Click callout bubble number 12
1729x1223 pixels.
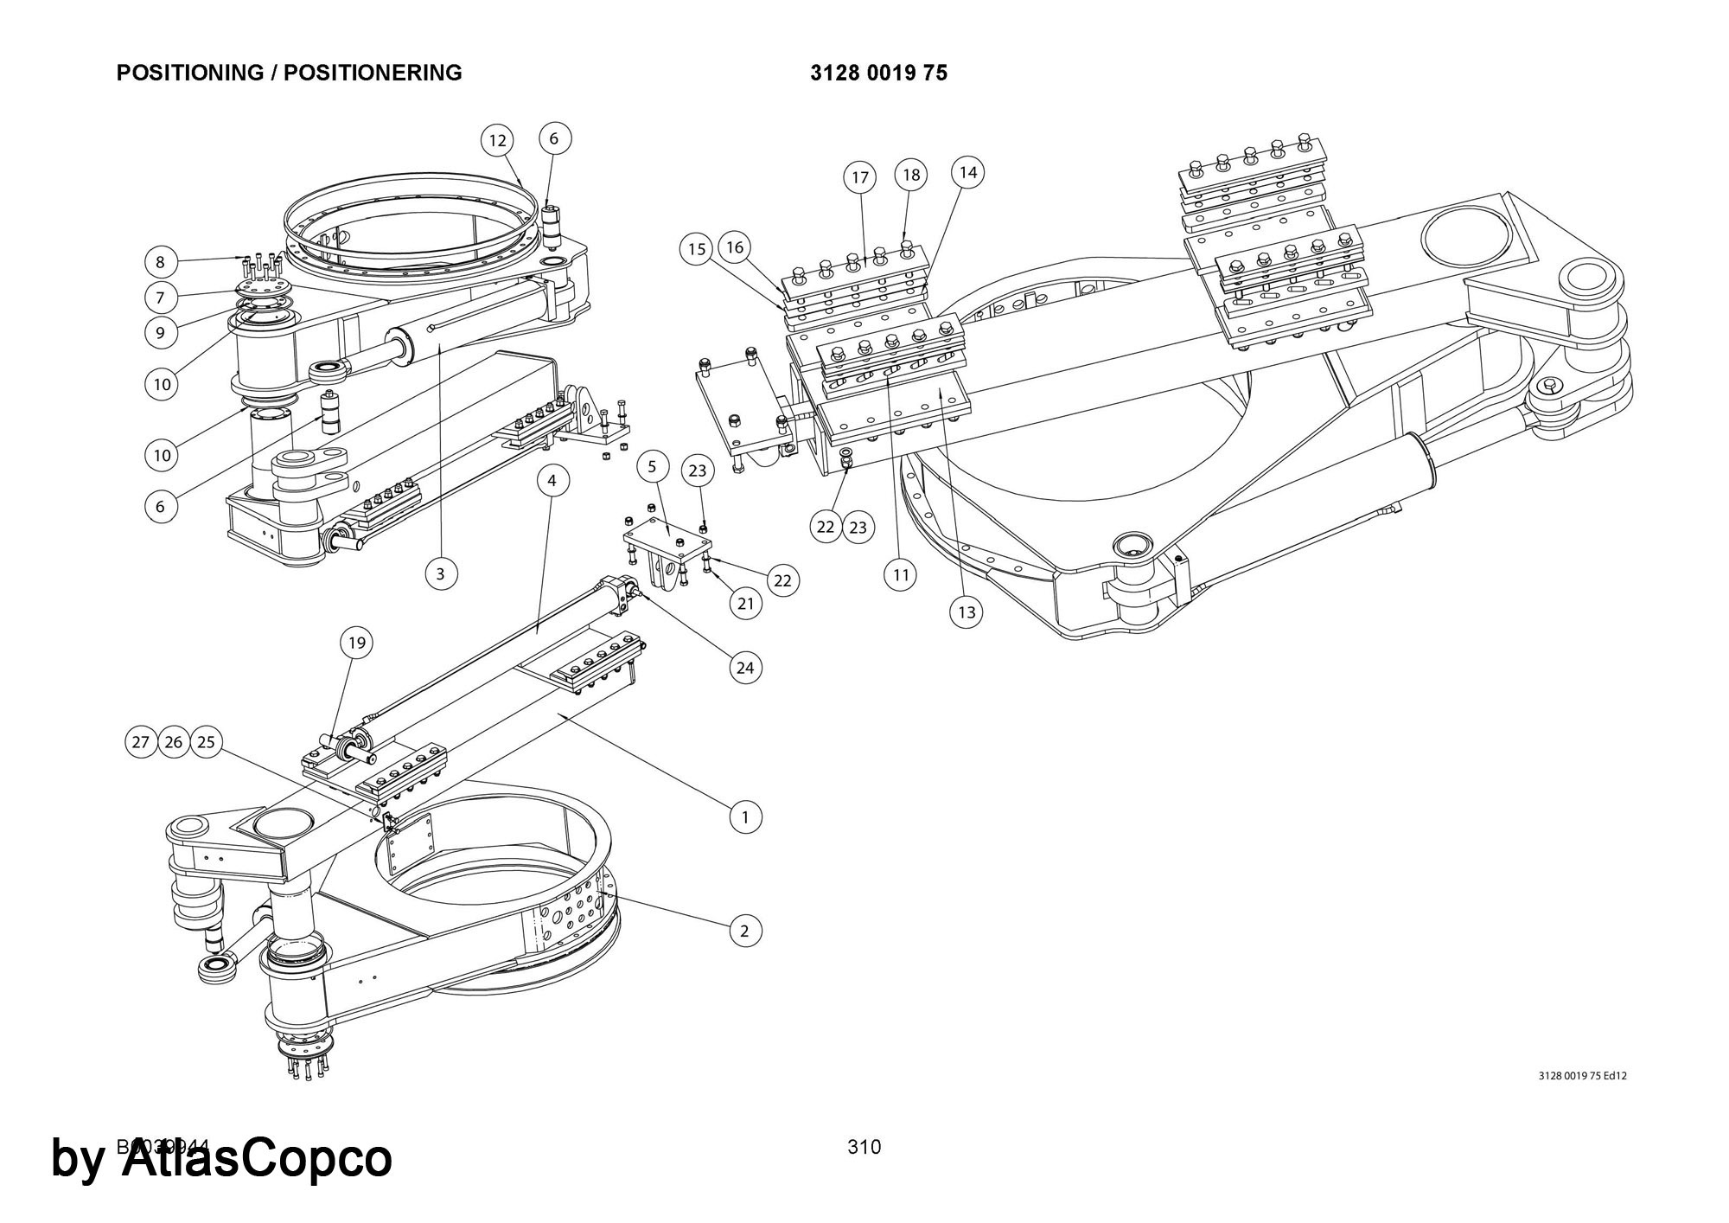[x=497, y=141]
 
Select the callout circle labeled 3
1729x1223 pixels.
[x=441, y=573]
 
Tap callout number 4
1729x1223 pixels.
[x=553, y=479]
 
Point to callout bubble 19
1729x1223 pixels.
[x=356, y=643]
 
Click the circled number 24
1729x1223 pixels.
[x=745, y=668]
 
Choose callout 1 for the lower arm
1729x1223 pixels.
[x=745, y=816]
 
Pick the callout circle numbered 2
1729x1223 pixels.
[x=745, y=931]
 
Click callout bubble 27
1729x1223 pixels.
[x=141, y=742]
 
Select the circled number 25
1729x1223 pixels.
[x=206, y=742]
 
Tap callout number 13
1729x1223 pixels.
[x=967, y=612]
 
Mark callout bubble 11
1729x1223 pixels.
[x=901, y=573]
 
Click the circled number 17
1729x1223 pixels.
[x=859, y=178]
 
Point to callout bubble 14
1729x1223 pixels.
[x=968, y=172]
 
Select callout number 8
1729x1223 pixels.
[x=160, y=262]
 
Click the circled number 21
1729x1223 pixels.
[x=745, y=604]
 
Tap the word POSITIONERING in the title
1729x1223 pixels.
[x=373, y=73]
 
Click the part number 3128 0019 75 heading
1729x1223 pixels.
[x=878, y=73]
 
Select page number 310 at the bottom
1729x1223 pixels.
[x=864, y=1147]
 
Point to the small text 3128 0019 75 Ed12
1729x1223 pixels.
[x=1583, y=1076]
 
